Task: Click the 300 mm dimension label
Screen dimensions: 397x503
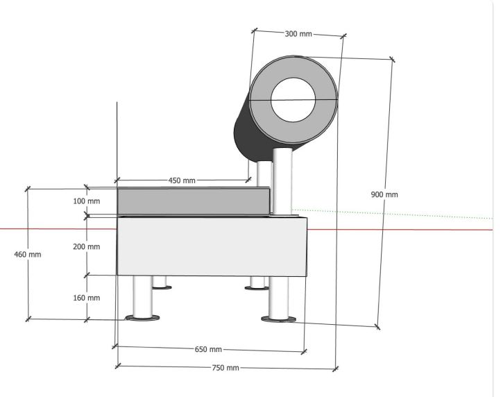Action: click(x=298, y=33)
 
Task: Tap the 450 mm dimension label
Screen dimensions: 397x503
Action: click(x=182, y=180)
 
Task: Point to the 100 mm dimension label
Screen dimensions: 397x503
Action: click(x=86, y=201)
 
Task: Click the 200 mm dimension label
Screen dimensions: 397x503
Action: click(x=86, y=246)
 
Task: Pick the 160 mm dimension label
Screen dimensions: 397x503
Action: click(x=86, y=298)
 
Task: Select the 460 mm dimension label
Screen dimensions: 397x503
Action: click(x=28, y=255)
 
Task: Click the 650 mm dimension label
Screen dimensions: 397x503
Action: click(x=207, y=349)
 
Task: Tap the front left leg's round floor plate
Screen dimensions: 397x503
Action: click(x=142, y=319)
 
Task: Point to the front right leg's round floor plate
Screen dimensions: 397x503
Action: click(x=280, y=319)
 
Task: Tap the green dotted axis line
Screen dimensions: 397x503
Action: click(x=395, y=213)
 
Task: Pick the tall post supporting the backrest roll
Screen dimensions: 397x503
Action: click(x=282, y=180)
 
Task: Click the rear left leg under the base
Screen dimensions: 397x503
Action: click(x=161, y=281)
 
